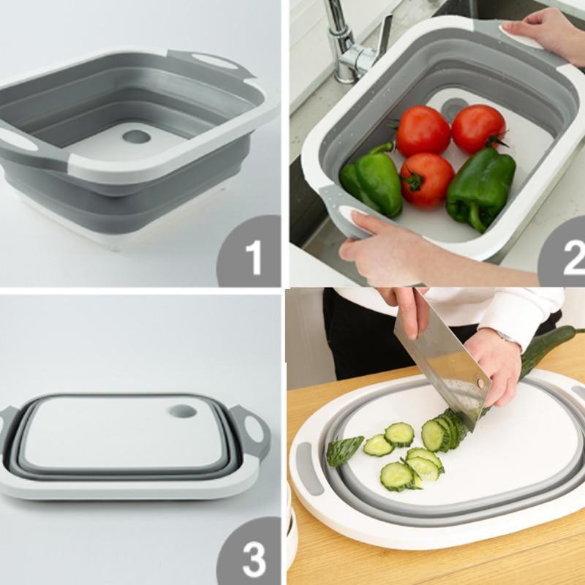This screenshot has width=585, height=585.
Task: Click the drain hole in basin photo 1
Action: (136, 137)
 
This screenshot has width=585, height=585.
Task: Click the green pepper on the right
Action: (480, 187)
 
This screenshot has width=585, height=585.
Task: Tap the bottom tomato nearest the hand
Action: (427, 180)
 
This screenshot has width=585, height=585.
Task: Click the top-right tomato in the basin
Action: (478, 128)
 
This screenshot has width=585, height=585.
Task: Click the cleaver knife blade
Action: (439, 358)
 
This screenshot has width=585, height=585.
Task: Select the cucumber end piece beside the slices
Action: (344, 450)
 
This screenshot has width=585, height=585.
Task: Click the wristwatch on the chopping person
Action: (505, 337)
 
